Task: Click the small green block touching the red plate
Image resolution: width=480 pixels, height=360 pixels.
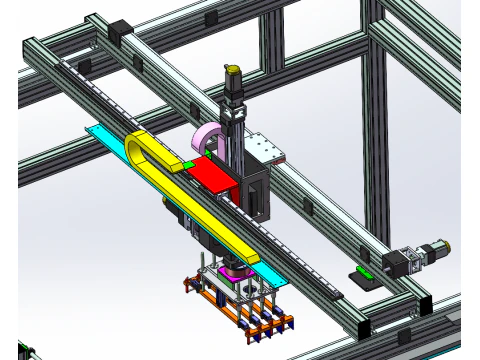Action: [x=187, y=164]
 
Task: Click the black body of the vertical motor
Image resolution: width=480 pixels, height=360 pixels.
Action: [x=234, y=88]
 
